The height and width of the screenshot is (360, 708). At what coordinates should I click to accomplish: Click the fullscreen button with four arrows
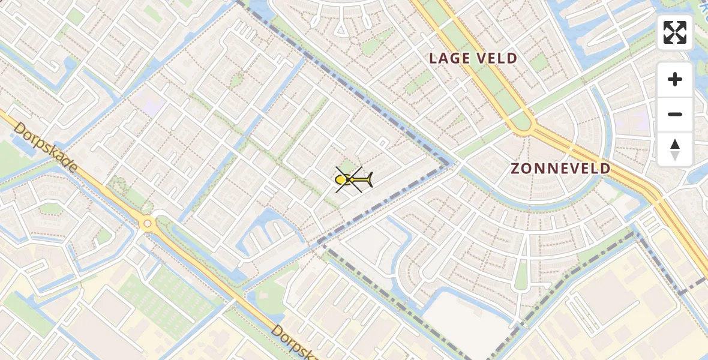675,32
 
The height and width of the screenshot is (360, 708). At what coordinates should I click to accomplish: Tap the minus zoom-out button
675,114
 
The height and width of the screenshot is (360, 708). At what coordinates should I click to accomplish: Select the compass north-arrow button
675,149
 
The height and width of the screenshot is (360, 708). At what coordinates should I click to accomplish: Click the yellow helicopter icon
353,179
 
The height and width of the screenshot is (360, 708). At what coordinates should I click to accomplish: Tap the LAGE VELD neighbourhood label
473,58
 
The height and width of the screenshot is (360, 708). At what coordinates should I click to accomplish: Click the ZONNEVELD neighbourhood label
560,169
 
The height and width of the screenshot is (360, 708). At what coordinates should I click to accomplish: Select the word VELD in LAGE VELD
495,58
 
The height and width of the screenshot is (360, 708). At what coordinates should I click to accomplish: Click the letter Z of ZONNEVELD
515,169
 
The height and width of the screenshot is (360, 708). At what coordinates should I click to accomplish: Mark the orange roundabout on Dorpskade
147,224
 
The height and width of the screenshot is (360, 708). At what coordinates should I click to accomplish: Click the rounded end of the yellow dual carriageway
522,124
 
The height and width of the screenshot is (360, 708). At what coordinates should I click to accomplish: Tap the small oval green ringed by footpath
237,80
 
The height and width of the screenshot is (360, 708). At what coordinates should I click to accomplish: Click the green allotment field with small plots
171,294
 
